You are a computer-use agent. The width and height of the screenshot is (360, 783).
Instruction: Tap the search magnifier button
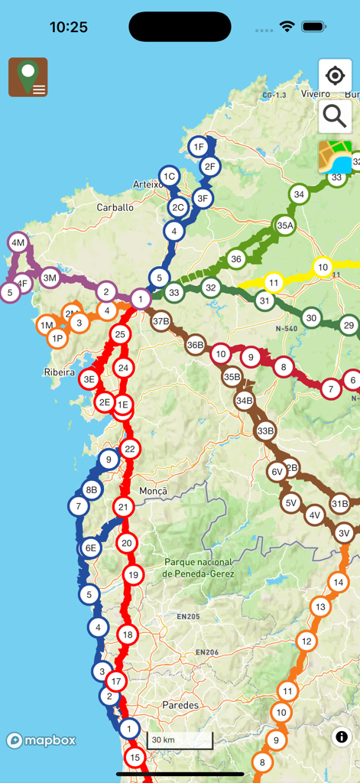point(335,116)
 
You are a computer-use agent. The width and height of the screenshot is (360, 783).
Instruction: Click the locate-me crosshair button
point(335,76)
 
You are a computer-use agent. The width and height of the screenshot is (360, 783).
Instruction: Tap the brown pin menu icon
point(28,77)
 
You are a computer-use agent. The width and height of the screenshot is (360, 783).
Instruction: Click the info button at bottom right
point(341,736)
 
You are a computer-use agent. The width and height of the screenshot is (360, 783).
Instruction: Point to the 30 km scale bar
point(180,740)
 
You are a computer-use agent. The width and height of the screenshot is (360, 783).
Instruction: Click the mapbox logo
point(41,740)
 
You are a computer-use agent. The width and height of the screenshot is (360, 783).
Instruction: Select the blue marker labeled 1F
point(198,147)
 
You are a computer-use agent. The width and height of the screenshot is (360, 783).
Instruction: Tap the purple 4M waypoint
point(18,243)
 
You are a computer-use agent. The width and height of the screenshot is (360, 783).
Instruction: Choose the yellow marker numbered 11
point(273,283)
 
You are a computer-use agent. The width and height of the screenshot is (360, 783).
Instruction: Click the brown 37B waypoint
point(161,321)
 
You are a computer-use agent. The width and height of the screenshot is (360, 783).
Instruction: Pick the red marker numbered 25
point(119,334)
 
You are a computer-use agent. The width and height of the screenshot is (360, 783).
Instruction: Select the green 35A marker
point(285,226)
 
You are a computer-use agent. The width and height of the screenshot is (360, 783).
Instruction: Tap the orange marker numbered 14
point(338,583)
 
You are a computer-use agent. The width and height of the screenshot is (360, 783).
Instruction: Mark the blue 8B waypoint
point(92,490)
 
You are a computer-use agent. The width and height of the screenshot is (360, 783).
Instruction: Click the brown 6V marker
point(277,473)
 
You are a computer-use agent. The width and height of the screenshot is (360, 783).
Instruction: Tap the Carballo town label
point(115,207)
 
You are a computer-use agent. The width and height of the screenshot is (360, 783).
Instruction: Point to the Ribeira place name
point(60,373)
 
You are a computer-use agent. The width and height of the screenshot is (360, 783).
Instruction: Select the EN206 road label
point(207,652)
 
